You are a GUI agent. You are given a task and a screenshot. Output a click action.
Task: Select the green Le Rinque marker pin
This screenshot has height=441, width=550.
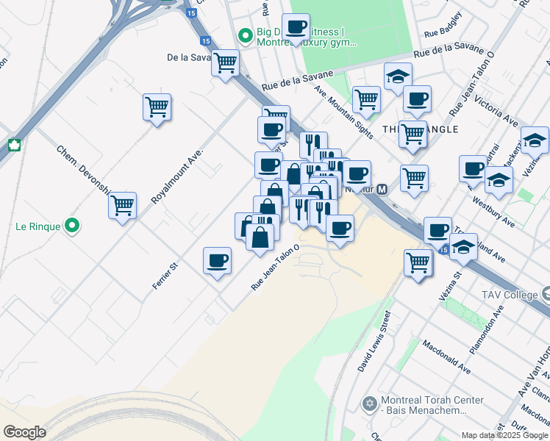pyautogui.click(x=71, y=226)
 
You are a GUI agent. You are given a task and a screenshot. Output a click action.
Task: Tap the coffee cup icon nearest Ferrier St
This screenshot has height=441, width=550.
pyautogui.click(x=217, y=261)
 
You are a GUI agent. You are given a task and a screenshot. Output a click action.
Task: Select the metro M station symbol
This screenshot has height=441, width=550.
pyautogui.click(x=382, y=190)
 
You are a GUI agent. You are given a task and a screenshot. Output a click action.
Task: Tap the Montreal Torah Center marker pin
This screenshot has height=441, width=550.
pyautogui.click(x=369, y=404)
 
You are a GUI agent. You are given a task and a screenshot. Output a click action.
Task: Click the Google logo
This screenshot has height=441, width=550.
pyautogui.click(x=24, y=432)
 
